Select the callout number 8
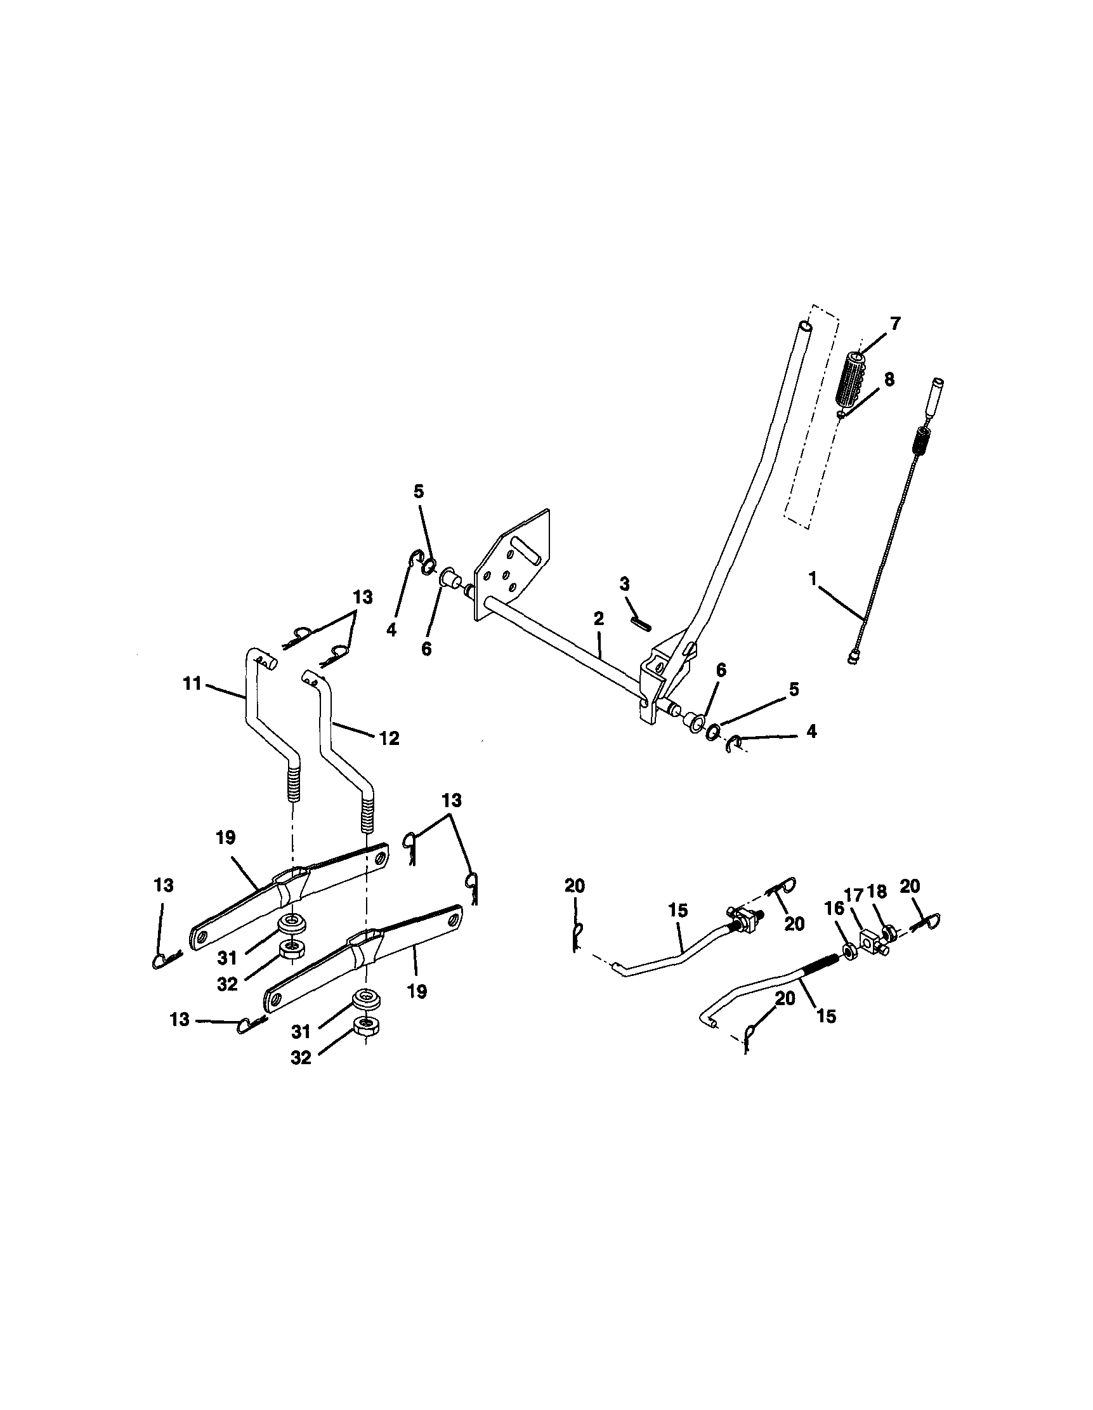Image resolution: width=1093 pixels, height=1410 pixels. [x=889, y=379]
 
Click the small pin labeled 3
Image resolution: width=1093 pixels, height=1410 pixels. [x=640, y=623]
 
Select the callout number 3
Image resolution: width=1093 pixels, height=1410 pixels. [x=624, y=584]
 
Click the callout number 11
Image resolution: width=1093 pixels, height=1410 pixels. [x=192, y=683]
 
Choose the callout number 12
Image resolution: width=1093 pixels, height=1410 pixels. [x=389, y=738]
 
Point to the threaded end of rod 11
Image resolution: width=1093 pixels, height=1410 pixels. [x=294, y=782]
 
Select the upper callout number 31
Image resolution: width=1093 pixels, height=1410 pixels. [x=227, y=958]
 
